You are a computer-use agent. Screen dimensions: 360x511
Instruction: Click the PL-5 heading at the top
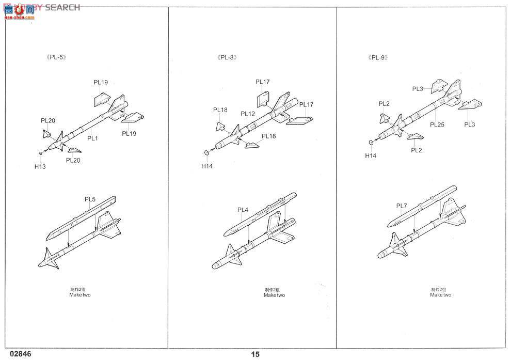[56, 57]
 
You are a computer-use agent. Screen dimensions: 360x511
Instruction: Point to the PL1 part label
[92, 138]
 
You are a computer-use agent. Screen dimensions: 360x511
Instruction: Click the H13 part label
[40, 166]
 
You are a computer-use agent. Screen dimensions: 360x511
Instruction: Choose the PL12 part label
[248, 114]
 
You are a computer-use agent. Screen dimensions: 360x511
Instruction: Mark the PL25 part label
[437, 124]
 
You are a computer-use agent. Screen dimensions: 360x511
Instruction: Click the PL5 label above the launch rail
[90, 199]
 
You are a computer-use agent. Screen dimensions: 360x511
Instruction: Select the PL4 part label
[243, 210]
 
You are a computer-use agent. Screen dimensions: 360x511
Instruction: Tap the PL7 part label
[402, 206]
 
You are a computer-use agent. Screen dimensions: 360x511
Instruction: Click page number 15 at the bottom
[255, 354]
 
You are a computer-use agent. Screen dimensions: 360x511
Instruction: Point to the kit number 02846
[19, 354]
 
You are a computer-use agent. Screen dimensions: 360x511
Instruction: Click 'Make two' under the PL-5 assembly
[80, 295]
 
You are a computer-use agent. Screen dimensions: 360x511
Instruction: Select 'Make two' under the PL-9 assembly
[440, 295]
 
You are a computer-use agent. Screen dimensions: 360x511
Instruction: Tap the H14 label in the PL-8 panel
[207, 166]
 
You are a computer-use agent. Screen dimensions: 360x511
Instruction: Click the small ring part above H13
[40, 153]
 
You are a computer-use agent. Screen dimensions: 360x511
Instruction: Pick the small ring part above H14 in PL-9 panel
[371, 143]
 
